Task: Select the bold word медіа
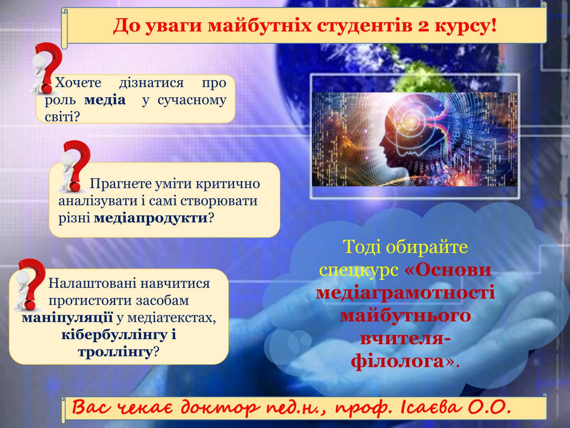(105, 100)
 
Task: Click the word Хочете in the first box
(78, 83)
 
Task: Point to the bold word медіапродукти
(151, 218)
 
